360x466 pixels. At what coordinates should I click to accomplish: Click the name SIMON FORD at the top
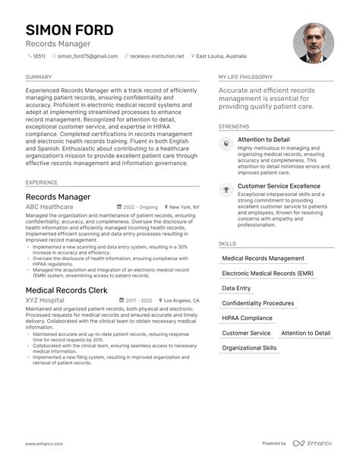coord(69,30)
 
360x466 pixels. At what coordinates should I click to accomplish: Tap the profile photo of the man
coord(313,42)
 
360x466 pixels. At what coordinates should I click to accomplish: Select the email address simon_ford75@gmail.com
coord(87,56)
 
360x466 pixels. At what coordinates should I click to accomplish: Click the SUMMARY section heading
coord(39,77)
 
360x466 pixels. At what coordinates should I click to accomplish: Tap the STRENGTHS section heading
coord(234,126)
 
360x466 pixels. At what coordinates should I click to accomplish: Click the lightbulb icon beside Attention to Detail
coord(226,144)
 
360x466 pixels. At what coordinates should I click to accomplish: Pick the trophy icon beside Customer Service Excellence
coord(226,189)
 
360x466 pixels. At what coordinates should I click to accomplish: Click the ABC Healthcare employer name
coord(49,207)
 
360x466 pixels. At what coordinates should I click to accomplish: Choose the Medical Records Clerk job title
coord(66,290)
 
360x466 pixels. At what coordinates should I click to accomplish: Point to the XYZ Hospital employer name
coord(45,300)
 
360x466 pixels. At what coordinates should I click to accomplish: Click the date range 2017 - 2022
coord(139,300)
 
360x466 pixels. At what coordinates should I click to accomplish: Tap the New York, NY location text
coord(185,207)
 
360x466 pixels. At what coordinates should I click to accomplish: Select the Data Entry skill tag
coord(236,289)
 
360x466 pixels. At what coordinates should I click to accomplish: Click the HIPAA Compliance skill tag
coord(247,319)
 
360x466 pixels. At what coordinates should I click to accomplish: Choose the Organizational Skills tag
coord(249,348)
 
